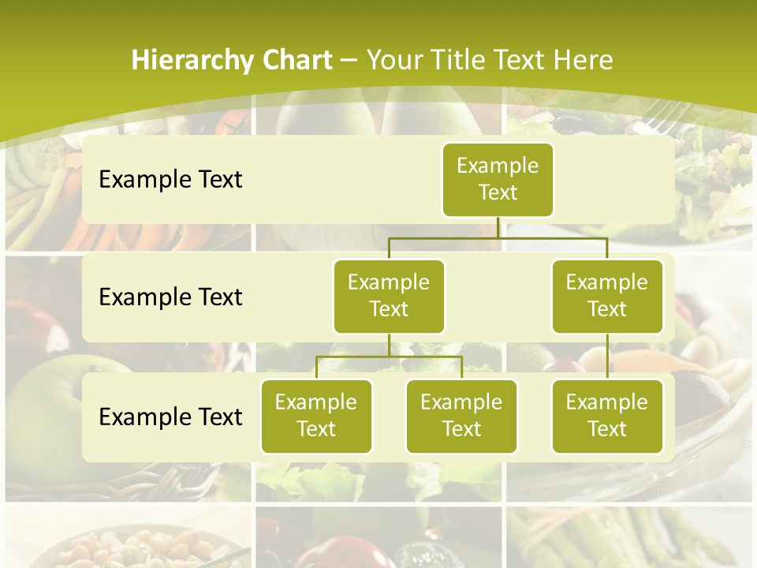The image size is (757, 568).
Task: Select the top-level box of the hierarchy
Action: tap(498, 179)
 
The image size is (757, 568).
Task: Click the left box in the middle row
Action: tap(389, 296)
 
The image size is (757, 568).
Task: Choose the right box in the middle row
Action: tap(607, 296)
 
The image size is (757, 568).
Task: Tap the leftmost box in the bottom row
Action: tap(316, 416)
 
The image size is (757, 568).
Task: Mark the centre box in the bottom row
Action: tap(461, 416)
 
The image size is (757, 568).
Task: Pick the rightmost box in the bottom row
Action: tap(607, 416)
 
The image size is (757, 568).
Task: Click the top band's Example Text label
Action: tap(170, 179)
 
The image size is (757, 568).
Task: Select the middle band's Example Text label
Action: tap(170, 297)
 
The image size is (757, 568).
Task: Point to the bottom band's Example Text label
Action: tap(170, 417)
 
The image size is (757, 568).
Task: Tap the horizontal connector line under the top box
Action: tap(498, 237)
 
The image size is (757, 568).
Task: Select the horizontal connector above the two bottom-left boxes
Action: tap(389, 357)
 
